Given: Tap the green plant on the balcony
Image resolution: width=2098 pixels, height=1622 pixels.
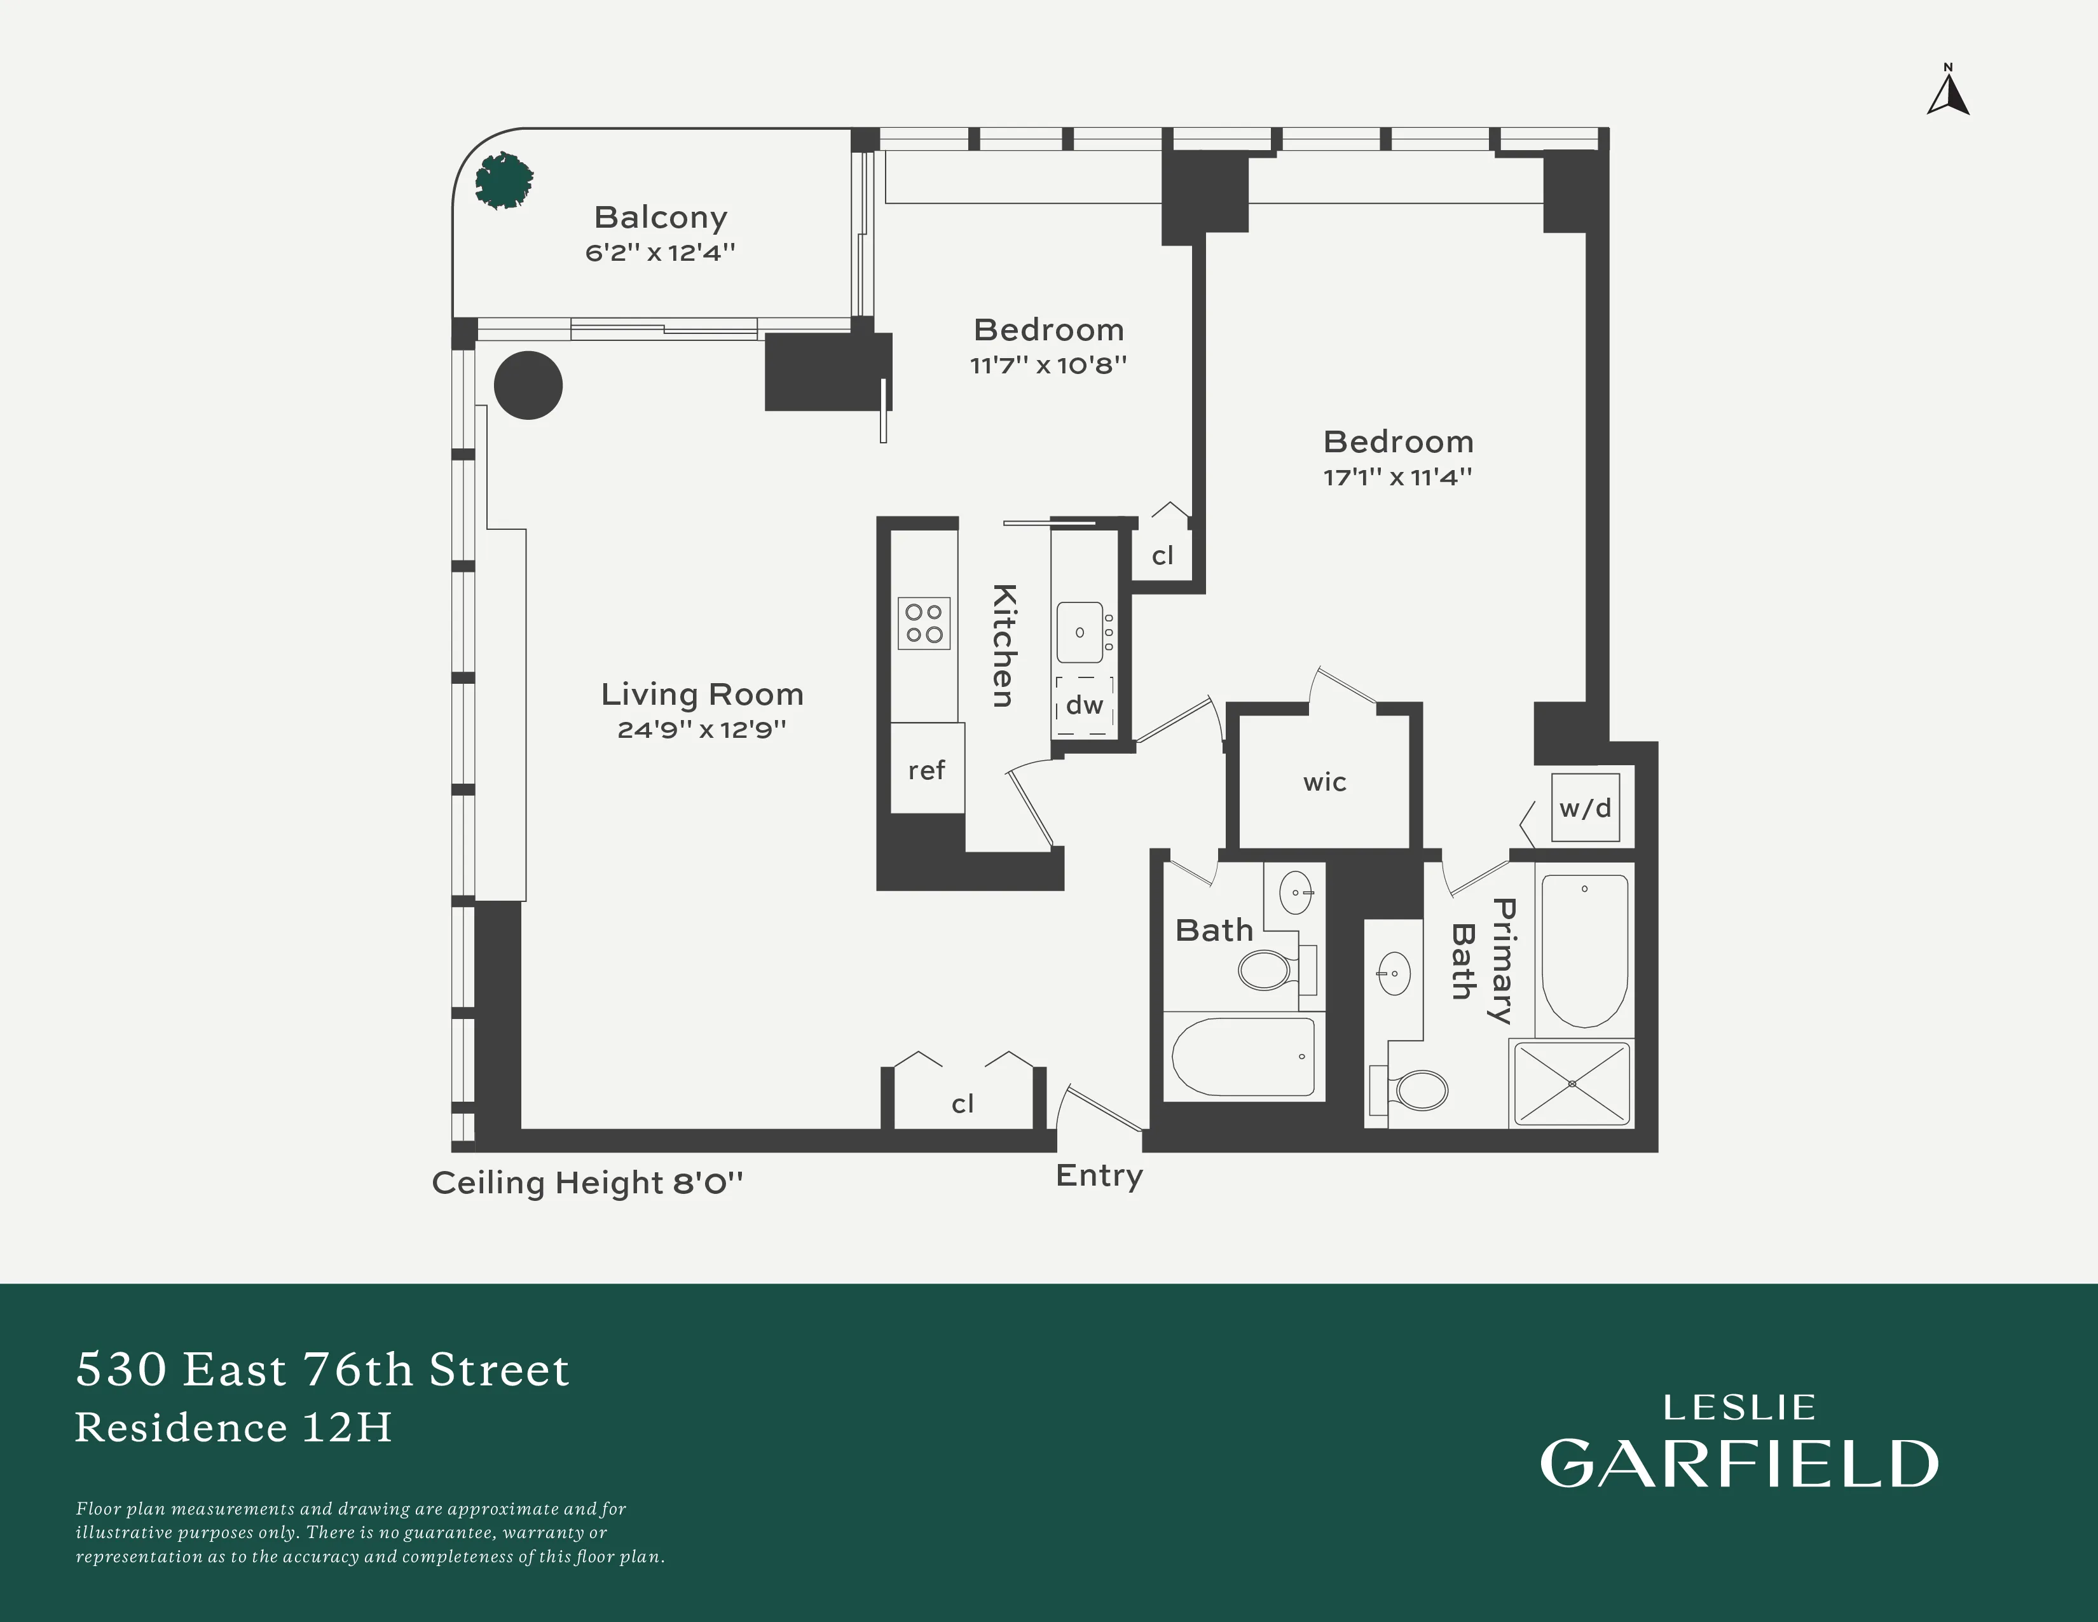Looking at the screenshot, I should [504, 181].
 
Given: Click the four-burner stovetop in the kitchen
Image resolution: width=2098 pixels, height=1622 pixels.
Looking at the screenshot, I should [923, 623].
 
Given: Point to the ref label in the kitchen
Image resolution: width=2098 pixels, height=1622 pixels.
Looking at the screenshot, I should [926, 771].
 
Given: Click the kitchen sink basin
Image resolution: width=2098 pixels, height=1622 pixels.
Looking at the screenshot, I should [1080, 632].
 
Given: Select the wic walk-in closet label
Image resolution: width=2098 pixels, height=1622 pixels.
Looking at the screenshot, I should [1325, 782].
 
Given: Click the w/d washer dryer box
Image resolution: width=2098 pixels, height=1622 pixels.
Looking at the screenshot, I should [1585, 808].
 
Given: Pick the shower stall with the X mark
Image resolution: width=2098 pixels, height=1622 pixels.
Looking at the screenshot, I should [1572, 1084].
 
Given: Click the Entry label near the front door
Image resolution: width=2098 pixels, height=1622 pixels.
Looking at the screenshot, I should [1099, 1175].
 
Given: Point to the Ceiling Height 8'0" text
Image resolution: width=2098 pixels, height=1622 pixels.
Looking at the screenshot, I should [587, 1183].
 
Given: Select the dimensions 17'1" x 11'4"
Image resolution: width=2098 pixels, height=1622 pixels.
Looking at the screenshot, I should [1397, 476].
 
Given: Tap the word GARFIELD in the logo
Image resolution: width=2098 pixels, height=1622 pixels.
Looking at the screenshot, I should [1739, 1464].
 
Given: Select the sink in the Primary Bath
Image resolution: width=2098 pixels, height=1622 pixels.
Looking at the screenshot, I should [1394, 974].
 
